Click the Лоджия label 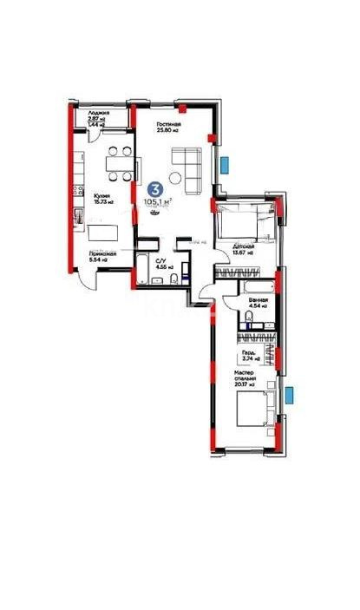(x=86, y=114)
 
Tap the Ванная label (x=258, y=299)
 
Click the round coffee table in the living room (x=173, y=180)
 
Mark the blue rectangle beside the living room (x=226, y=162)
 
